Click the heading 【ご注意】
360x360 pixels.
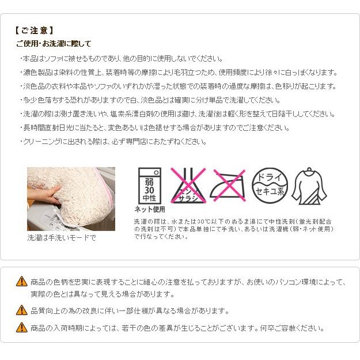pos(34,31)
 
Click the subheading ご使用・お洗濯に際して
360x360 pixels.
pos(54,44)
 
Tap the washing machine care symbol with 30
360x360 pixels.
pos(149,185)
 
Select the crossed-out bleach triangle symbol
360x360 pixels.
pos(188,185)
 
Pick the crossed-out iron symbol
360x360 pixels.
pos(228,185)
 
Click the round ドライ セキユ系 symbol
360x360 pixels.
pos(270,185)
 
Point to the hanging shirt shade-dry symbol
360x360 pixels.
pos(309,185)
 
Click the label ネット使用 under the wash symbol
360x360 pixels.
pos(150,209)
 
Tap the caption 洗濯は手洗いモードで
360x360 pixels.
pos(62,238)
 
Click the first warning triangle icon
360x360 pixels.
pos(22,281)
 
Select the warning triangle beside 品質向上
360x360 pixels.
pos(22,310)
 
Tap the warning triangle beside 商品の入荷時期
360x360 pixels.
pos(22,327)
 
